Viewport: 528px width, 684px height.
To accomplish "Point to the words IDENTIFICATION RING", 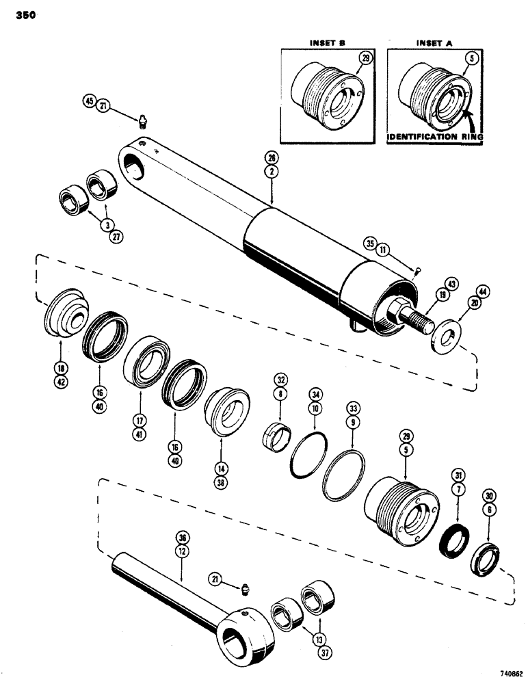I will click(435, 137).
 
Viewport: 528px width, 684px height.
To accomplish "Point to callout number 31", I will click(456, 475).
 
